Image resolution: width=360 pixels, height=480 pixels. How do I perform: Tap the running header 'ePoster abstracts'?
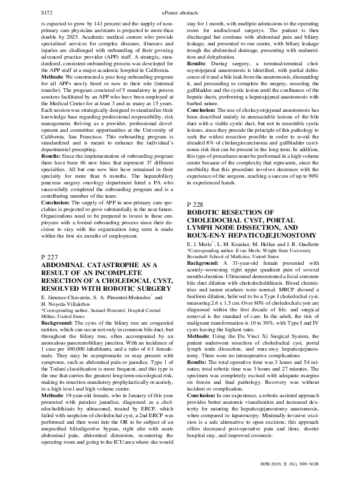(180, 12)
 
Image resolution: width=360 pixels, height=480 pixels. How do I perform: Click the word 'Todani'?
(64, 368)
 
